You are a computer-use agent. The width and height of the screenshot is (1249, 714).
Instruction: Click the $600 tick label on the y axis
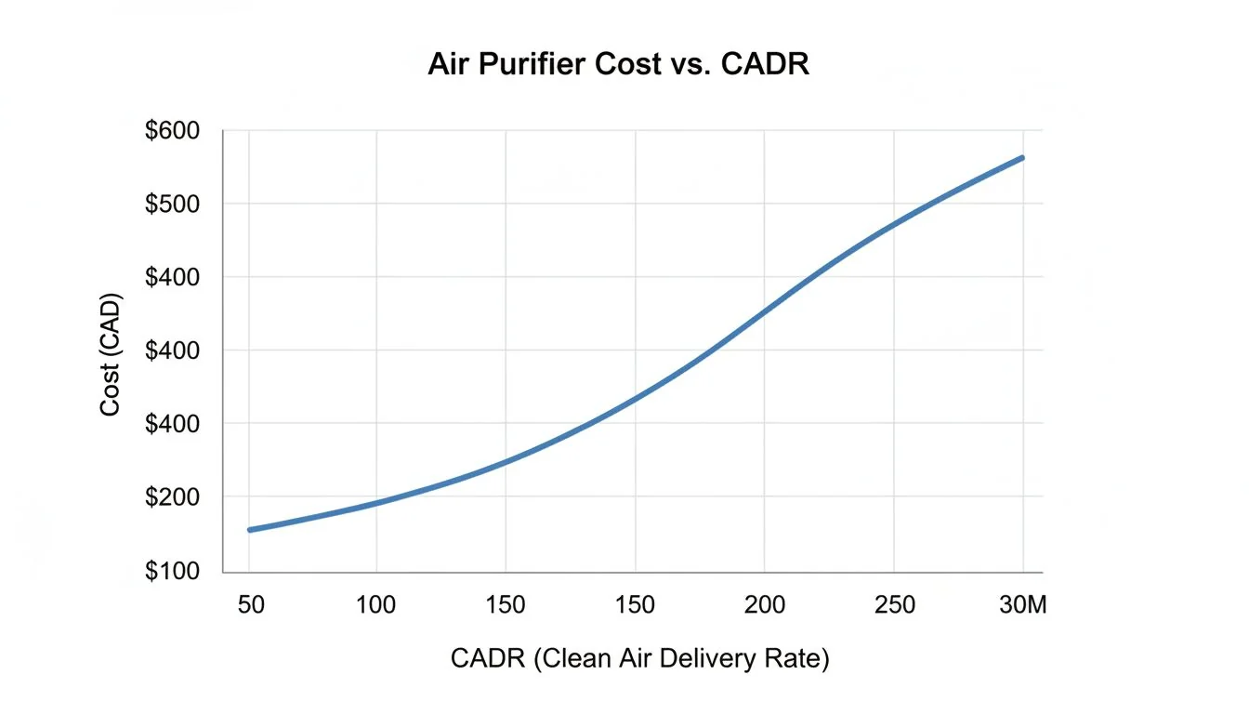[172, 131]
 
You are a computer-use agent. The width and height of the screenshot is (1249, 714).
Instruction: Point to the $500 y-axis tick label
[172, 204]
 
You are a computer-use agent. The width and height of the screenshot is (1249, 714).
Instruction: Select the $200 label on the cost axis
[172, 497]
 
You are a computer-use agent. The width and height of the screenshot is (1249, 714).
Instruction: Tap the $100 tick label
[172, 571]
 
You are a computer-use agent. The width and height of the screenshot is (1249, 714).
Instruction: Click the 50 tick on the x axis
[251, 605]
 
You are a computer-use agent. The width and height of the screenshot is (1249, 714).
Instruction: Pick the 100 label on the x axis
[375, 605]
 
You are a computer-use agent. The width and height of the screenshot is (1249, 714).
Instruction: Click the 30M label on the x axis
[1022, 605]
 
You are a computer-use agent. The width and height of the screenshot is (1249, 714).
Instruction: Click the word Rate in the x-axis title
[799, 660]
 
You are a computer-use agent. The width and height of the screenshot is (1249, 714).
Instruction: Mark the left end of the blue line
[249, 530]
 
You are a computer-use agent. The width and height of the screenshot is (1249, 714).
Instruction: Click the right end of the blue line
[1022, 158]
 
